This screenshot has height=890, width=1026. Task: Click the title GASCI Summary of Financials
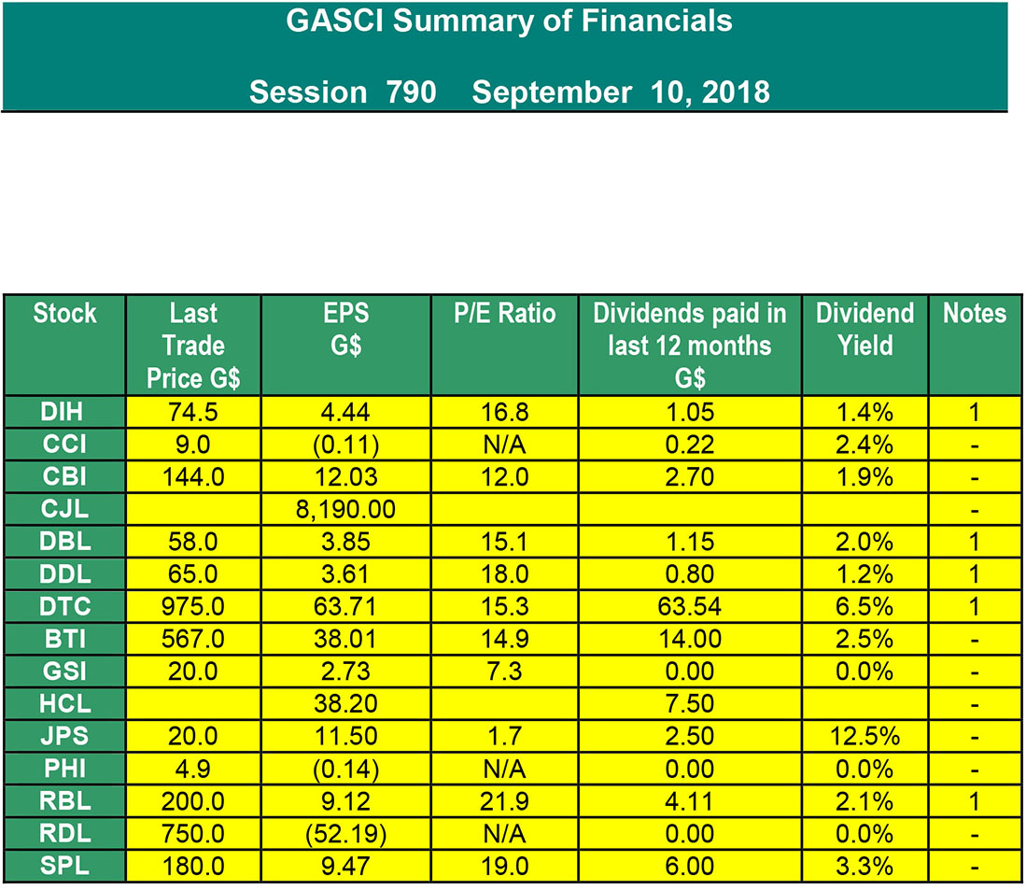(509, 21)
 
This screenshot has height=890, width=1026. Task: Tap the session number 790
(411, 92)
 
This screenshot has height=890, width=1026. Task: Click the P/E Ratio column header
(504, 314)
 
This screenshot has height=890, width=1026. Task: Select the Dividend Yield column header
(865, 329)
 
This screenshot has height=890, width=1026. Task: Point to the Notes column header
(975, 314)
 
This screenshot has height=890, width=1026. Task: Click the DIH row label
(64, 412)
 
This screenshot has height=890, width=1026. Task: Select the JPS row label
(64, 736)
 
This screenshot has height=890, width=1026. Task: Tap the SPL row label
(64, 865)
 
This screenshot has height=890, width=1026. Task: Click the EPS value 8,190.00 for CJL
(345, 509)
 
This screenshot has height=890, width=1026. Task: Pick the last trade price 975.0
(193, 606)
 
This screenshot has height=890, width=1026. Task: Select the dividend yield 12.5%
(865, 736)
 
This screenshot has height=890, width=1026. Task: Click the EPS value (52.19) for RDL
(345, 834)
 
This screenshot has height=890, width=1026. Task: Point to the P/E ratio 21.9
(504, 801)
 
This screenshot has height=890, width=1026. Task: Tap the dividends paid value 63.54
(690, 606)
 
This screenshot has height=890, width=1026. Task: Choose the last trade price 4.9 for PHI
(193, 769)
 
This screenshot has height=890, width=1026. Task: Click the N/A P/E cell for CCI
(504, 445)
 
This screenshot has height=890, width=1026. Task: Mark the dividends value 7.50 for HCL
(690, 703)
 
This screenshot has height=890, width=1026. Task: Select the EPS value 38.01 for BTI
(345, 639)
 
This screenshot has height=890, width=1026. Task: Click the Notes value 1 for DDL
(975, 574)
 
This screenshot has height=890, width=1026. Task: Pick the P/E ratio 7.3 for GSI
(504, 671)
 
